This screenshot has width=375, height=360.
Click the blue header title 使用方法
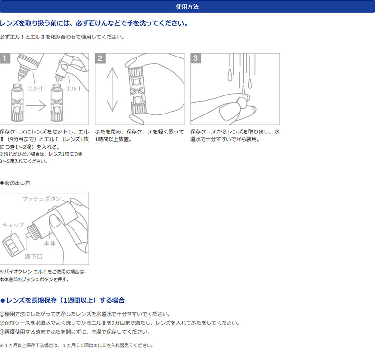187,7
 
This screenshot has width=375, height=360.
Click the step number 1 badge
5,58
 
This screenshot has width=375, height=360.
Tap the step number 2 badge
100,58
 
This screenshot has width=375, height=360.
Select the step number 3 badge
196,58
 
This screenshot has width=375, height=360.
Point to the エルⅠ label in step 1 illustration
74,89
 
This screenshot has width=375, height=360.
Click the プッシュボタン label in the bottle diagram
42,199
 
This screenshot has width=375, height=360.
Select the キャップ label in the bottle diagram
13,225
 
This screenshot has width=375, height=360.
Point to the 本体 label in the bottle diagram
50,242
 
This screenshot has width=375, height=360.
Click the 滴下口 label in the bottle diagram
34,256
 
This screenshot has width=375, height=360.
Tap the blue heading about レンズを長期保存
63,300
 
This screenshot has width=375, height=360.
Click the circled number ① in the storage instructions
2,314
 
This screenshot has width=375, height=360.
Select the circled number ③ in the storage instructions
2,332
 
